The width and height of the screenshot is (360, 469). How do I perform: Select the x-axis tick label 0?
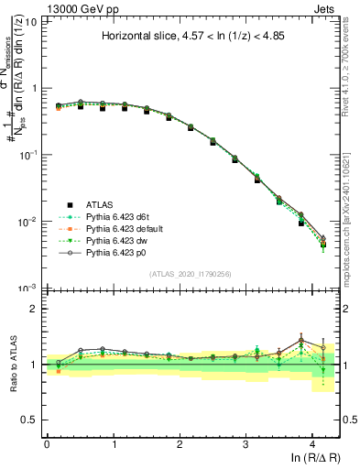coord(47,443)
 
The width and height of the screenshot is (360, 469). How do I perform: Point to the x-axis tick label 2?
coord(180,443)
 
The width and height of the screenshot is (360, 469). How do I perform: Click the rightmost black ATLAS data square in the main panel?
coord(323,244)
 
